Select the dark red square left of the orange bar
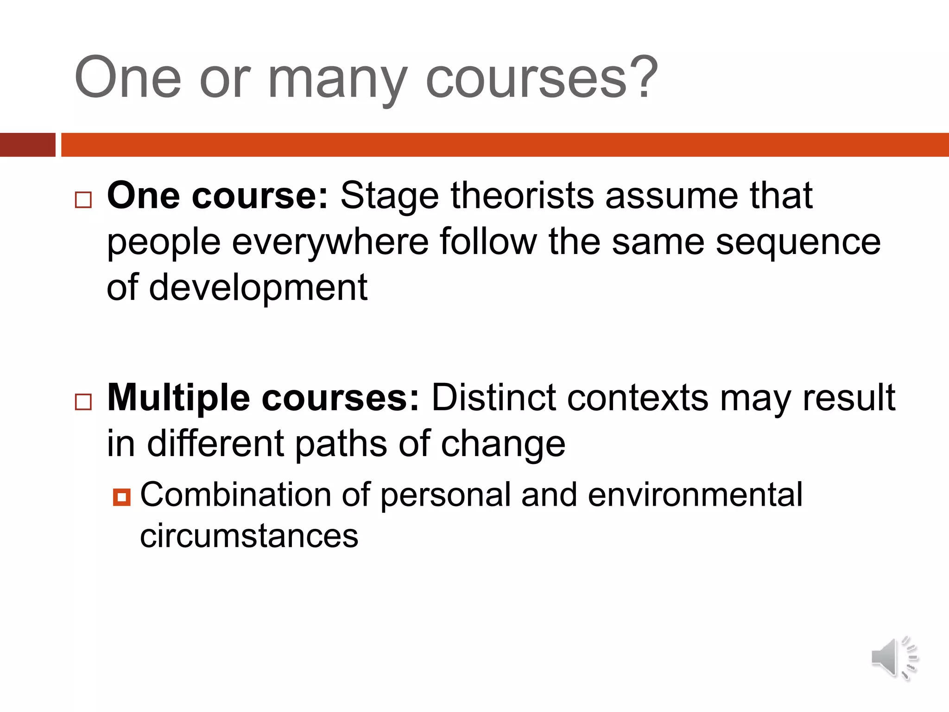[x=27, y=145]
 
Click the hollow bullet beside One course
[x=83, y=200]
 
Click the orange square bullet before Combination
[x=121, y=497]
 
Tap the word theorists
[x=522, y=196]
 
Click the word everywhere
[x=330, y=242]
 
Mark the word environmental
[x=695, y=495]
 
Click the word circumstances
[x=249, y=536]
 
